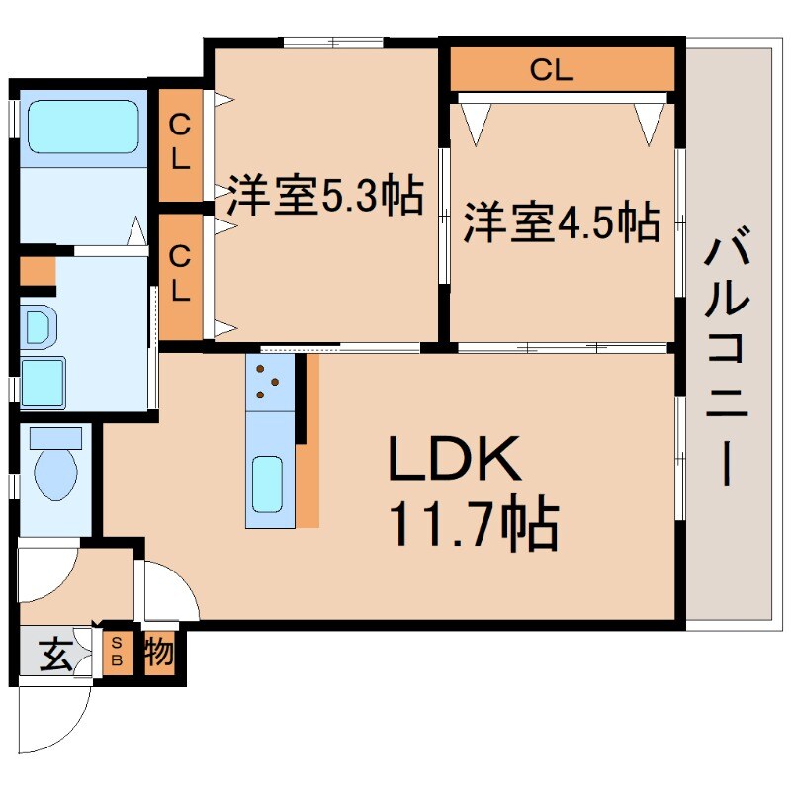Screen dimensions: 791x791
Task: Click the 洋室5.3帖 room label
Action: (325, 196)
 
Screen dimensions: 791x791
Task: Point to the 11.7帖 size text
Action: (474, 524)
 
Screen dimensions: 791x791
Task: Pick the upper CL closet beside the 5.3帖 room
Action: (180, 143)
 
